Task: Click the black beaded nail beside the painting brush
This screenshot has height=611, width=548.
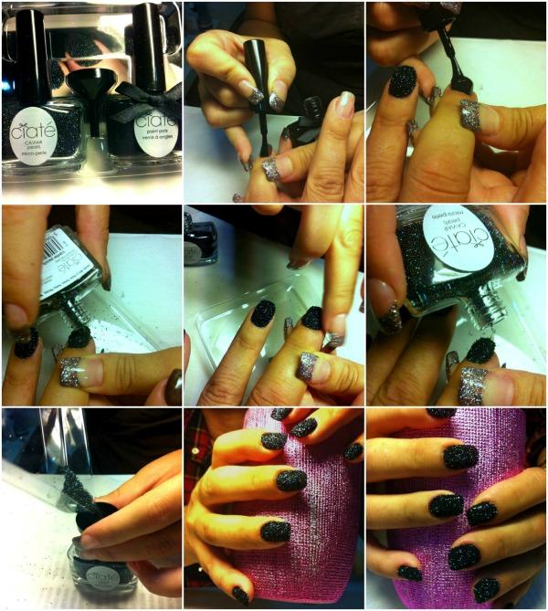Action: coord(402,81)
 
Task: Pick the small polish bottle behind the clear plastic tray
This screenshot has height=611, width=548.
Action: coord(198,239)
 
